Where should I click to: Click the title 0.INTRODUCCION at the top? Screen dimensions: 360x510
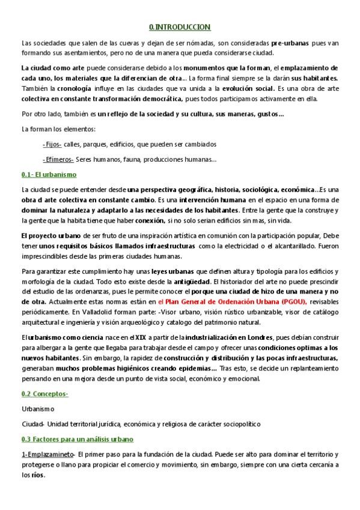(180, 27)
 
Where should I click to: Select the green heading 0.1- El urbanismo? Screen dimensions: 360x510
(49, 174)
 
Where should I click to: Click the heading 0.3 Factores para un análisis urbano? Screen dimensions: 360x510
(77, 439)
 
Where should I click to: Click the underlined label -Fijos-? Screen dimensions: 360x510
(52, 144)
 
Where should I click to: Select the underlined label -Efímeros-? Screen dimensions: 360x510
(58, 159)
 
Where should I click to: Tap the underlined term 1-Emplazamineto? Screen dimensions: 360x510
(47, 454)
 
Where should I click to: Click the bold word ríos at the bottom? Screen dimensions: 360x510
(37, 475)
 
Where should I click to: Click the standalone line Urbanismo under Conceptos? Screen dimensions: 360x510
(37, 409)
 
